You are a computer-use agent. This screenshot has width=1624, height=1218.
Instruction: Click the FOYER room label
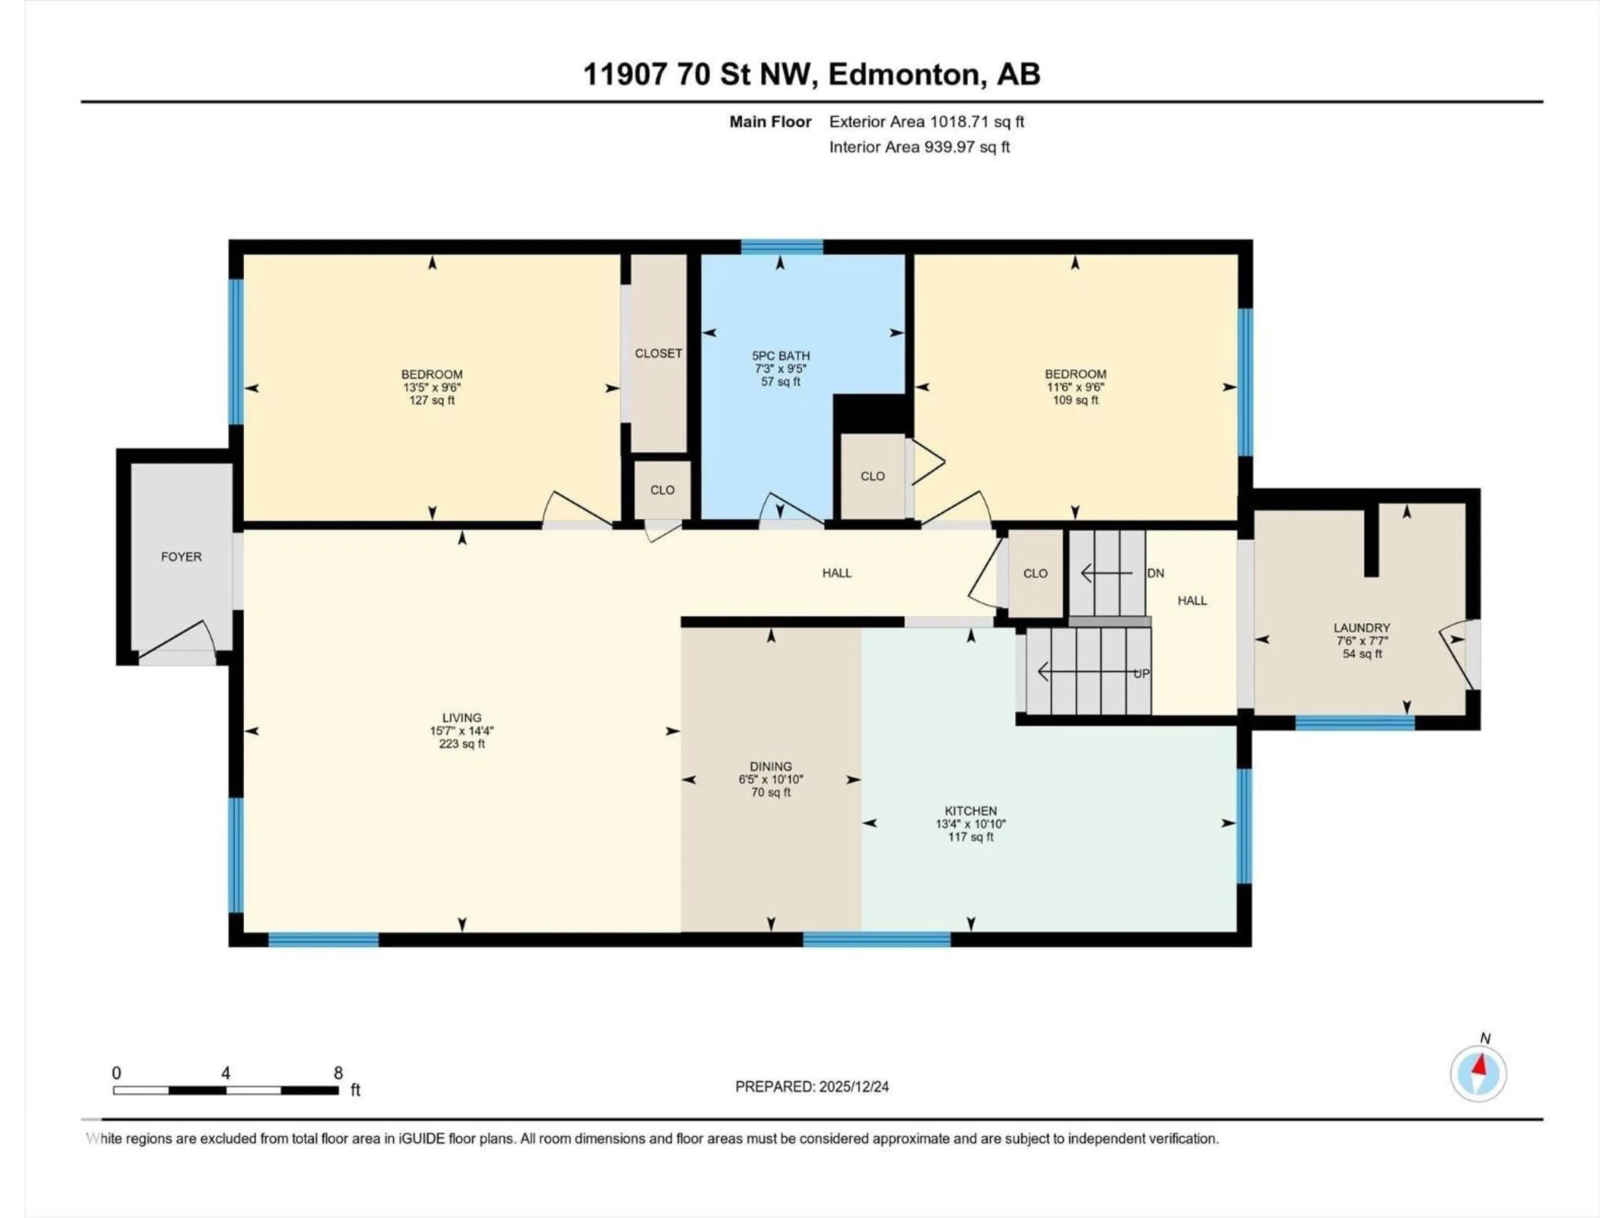(181, 557)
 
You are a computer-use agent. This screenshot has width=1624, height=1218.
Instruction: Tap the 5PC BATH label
(780, 355)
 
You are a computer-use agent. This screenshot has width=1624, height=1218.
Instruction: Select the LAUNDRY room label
(1361, 628)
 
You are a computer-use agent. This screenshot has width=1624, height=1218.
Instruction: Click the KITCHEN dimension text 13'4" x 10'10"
(971, 824)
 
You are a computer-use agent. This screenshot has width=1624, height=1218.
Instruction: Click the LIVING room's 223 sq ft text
(462, 744)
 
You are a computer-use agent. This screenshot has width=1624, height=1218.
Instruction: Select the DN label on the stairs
(1155, 573)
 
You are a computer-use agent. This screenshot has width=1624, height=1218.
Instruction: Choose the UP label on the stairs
(1141, 673)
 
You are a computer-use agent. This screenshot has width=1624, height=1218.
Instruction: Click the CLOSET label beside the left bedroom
(658, 353)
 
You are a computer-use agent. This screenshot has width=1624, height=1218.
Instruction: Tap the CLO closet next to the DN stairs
(1035, 573)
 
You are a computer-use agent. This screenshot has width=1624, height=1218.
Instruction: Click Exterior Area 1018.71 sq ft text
(927, 122)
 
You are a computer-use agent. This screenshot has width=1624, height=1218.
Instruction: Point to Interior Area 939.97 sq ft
(919, 147)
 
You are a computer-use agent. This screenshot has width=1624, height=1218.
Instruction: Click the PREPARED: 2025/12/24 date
(812, 1086)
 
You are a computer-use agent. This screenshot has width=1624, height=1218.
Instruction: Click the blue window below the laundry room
(1355, 723)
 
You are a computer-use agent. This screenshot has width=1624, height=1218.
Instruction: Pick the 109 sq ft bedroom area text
(1075, 400)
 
